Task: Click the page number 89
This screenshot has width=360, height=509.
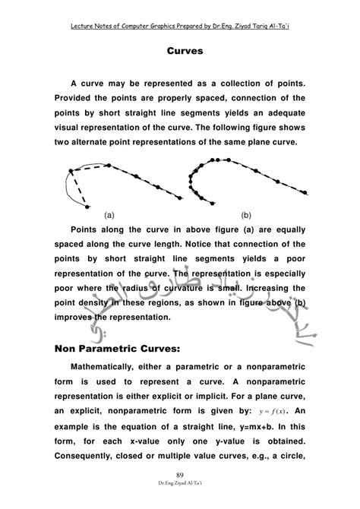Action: tap(180, 494)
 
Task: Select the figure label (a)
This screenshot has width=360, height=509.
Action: tap(110, 215)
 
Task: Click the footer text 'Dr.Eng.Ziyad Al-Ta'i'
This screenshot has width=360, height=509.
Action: tap(180, 503)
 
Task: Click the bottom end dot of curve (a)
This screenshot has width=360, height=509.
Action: tap(90, 205)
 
